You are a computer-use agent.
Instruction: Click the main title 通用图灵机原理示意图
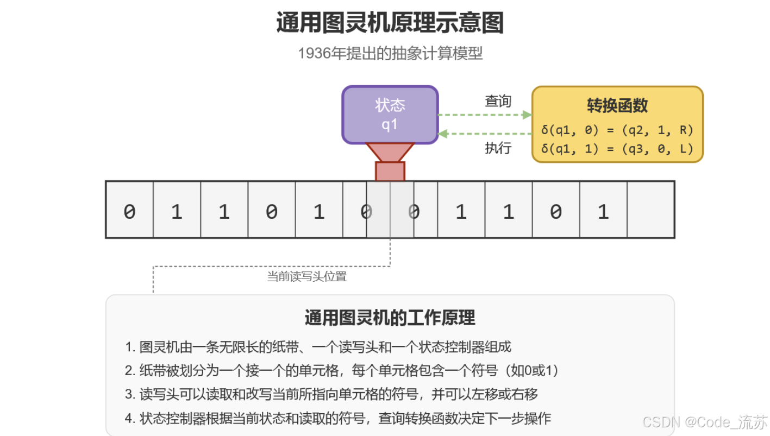point(390,23)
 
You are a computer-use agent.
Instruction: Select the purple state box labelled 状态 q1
point(390,115)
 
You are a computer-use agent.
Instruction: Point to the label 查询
point(498,101)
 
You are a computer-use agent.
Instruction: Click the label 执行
point(498,148)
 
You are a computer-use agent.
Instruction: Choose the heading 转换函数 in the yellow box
point(617,105)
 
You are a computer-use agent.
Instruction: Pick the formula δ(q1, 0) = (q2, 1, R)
point(617,130)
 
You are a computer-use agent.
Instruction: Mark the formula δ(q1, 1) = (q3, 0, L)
point(617,148)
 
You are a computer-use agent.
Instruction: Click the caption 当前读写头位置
point(306,277)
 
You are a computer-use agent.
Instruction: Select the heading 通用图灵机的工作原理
point(390,317)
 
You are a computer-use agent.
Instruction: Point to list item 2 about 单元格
point(342,371)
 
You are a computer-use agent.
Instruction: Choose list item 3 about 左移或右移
point(331,395)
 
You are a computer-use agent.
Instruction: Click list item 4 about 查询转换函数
point(337,419)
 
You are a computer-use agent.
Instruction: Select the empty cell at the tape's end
point(650,210)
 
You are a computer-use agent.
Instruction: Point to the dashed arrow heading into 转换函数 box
point(484,115)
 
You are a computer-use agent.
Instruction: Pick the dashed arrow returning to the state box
point(484,134)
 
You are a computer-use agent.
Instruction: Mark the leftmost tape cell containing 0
point(129,210)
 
